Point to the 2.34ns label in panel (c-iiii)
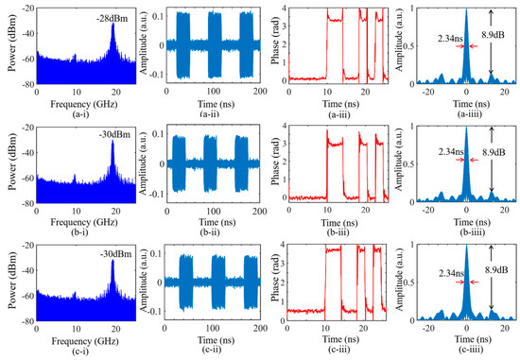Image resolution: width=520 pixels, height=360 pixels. [x=439, y=300]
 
